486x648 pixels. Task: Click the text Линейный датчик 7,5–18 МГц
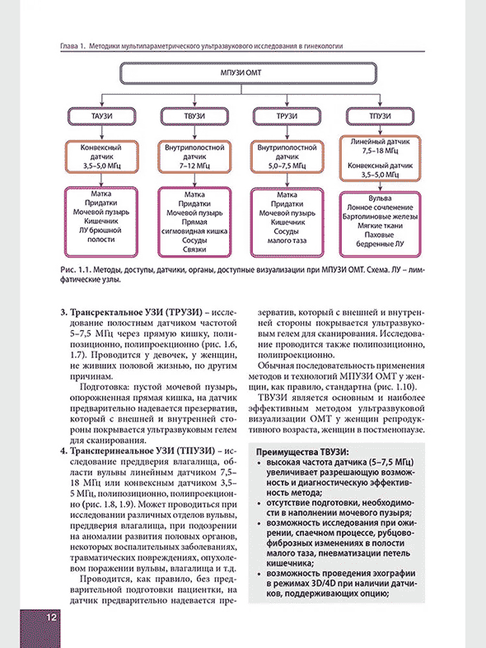(x=380, y=146)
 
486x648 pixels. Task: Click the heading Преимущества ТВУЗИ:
(x=302, y=453)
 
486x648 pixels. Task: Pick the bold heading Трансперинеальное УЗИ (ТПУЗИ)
(x=133, y=451)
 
